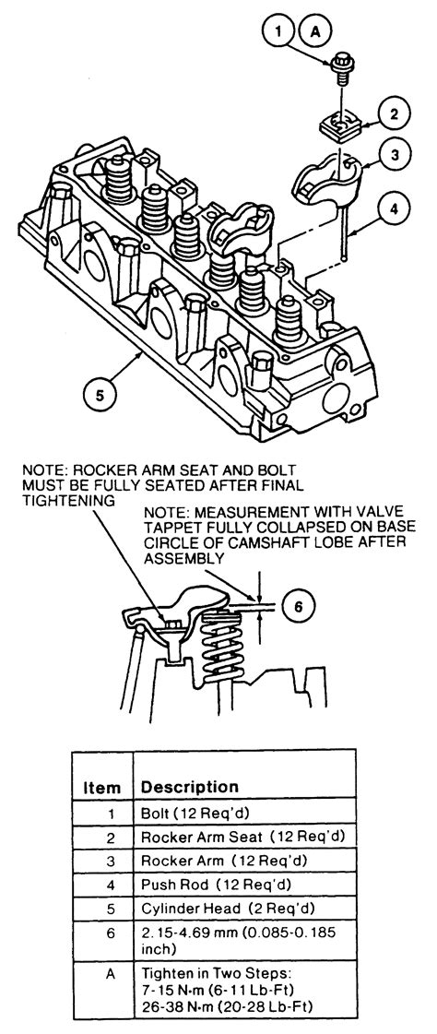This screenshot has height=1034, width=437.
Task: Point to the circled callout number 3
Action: pyautogui.click(x=395, y=156)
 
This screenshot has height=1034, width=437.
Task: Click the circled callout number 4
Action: pyautogui.click(x=394, y=210)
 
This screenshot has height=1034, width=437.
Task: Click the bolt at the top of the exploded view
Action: pyautogui.click(x=342, y=69)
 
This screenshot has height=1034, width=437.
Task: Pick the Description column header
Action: pyautogui.click(x=190, y=787)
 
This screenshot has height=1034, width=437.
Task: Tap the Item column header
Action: pyautogui.click(x=102, y=788)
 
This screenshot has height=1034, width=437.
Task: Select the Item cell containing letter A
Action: pyautogui.click(x=110, y=974)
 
